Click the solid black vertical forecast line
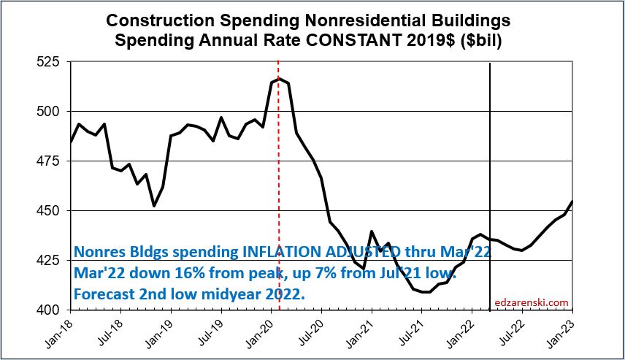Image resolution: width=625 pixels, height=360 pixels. (489, 146)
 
